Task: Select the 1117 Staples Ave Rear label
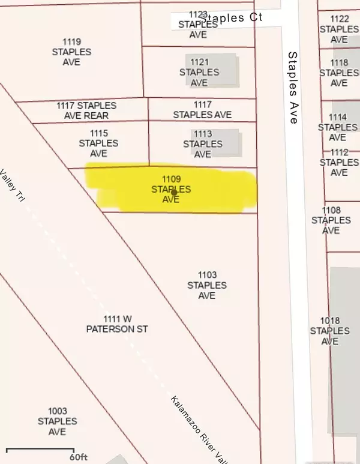[86, 110]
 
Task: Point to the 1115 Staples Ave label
[98, 143]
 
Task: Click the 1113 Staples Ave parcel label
[203, 144]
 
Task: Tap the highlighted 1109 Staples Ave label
[171, 189]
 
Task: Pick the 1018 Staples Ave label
[330, 331]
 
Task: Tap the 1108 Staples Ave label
[330, 220]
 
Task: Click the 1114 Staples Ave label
[338, 127]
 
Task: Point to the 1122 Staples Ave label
[339, 29]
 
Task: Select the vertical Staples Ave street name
[293, 88]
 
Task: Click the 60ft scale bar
[42, 451]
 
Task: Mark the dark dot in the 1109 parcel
[174, 193]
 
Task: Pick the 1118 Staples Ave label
[339, 73]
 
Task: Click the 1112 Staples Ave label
[339, 162]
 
